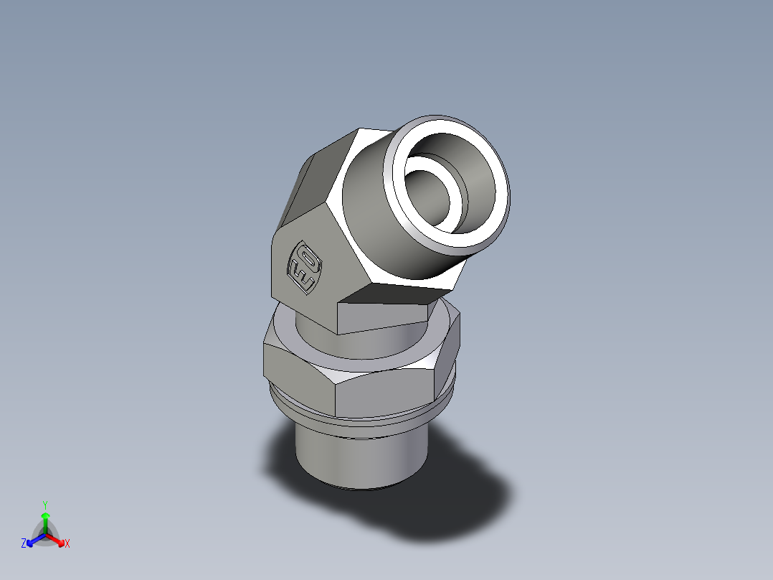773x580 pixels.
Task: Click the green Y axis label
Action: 44,505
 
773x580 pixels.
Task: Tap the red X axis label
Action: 67,544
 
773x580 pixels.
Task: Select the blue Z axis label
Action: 24,543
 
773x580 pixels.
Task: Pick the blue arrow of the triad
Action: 32,539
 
